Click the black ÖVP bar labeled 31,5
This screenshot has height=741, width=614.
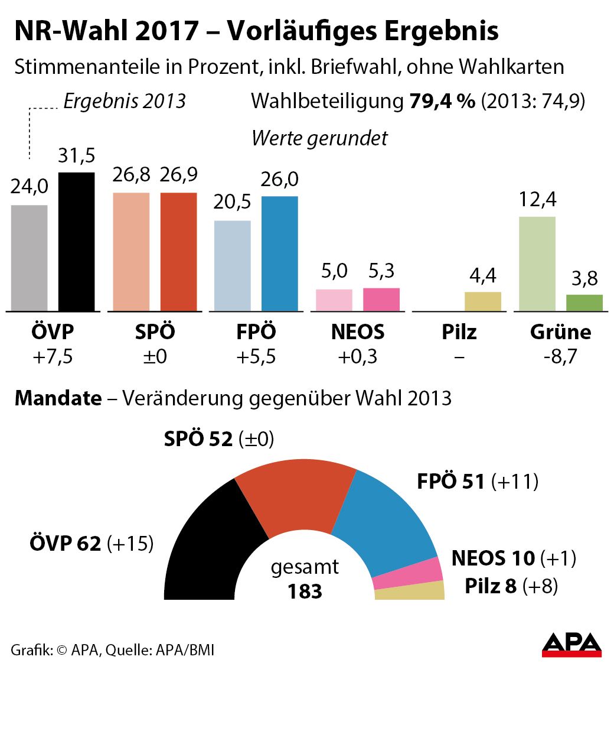(x=76, y=242)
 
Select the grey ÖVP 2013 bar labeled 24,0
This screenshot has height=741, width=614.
(x=30, y=258)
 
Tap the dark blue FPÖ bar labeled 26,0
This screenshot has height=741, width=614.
(x=279, y=253)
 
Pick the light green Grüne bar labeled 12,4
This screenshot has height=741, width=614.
(x=537, y=264)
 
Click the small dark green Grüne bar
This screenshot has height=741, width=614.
(x=584, y=303)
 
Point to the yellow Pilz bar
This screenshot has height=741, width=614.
(x=482, y=301)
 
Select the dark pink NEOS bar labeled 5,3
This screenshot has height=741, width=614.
(x=381, y=300)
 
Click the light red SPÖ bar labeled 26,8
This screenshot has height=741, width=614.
(x=131, y=252)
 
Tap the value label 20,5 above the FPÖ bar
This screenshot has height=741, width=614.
(x=232, y=202)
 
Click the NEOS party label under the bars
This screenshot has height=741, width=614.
(x=357, y=332)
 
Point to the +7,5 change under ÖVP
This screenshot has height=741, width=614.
(x=53, y=357)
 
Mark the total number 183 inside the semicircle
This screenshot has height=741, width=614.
(x=305, y=591)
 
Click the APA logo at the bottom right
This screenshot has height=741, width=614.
(x=571, y=645)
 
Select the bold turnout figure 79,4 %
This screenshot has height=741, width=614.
(x=442, y=101)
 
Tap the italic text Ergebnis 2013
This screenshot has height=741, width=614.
(x=125, y=101)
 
